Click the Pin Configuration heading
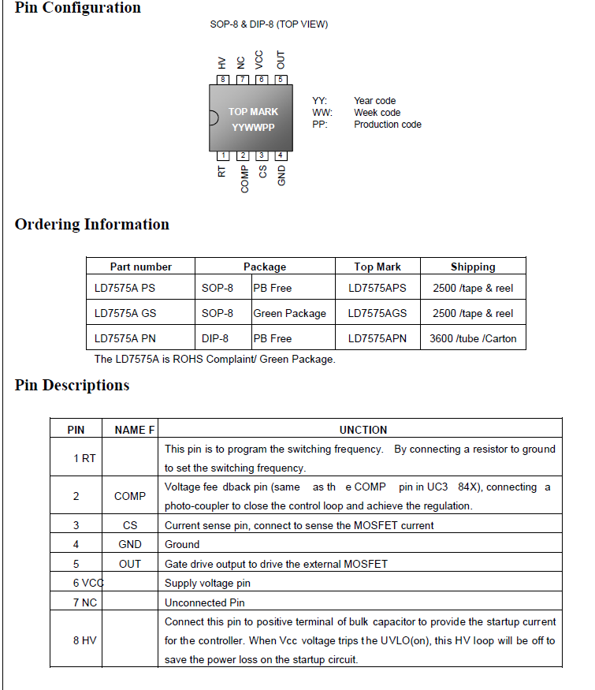78,8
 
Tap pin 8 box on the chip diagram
224,79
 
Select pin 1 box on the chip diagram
224,155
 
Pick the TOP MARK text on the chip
253,112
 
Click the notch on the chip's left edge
213,118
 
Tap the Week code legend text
377,113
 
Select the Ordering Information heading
92,225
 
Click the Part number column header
140,267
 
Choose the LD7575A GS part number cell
125,313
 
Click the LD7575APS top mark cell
377,288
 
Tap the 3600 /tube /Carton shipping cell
473,338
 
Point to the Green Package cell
289,313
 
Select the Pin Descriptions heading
73,386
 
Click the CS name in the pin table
130,525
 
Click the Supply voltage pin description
207,584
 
